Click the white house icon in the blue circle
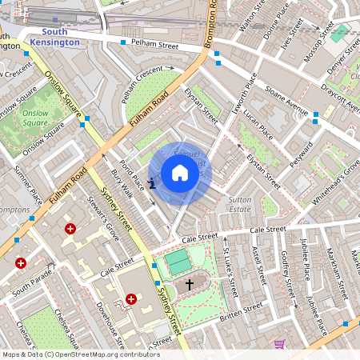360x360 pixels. tap(180, 173)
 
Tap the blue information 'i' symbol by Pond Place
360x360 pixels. tap(152, 183)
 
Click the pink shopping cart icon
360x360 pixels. tap(279, 343)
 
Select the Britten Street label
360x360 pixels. tap(241, 308)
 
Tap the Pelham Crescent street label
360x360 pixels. tap(141, 78)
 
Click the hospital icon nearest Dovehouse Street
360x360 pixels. tap(130, 299)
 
